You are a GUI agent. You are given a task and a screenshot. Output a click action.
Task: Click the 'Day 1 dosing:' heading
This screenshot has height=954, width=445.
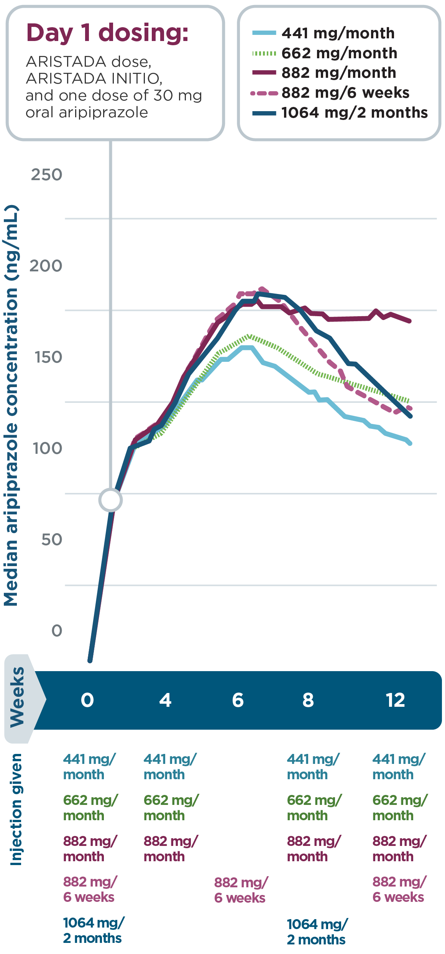(x=107, y=33)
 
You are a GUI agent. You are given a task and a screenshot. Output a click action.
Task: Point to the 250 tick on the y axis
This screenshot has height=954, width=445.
(x=46, y=175)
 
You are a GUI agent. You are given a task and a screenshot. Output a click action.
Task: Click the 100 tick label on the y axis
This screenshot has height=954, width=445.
(x=47, y=448)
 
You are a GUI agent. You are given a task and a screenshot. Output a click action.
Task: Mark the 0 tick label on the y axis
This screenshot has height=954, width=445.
(x=57, y=631)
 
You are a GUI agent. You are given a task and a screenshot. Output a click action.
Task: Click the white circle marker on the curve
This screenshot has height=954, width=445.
(x=110, y=500)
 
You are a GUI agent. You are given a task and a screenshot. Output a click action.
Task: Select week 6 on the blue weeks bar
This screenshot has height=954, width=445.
(x=238, y=700)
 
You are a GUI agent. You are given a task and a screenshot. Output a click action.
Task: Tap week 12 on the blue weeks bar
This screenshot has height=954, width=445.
(x=395, y=700)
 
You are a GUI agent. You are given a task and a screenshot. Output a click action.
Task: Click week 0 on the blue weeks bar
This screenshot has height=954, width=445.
(x=87, y=700)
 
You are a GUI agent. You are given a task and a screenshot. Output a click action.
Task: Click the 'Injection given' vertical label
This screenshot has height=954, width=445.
(x=16, y=809)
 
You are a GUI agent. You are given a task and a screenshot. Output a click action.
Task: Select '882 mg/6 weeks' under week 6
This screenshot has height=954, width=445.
(x=240, y=890)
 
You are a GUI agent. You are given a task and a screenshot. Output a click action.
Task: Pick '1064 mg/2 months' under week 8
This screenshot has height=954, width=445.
(x=317, y=931)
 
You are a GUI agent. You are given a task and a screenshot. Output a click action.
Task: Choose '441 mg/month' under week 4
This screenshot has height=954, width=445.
(x=170, y=767)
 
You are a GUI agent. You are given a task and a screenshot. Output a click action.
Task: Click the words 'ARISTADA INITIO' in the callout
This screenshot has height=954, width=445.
(x=94, y=79)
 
